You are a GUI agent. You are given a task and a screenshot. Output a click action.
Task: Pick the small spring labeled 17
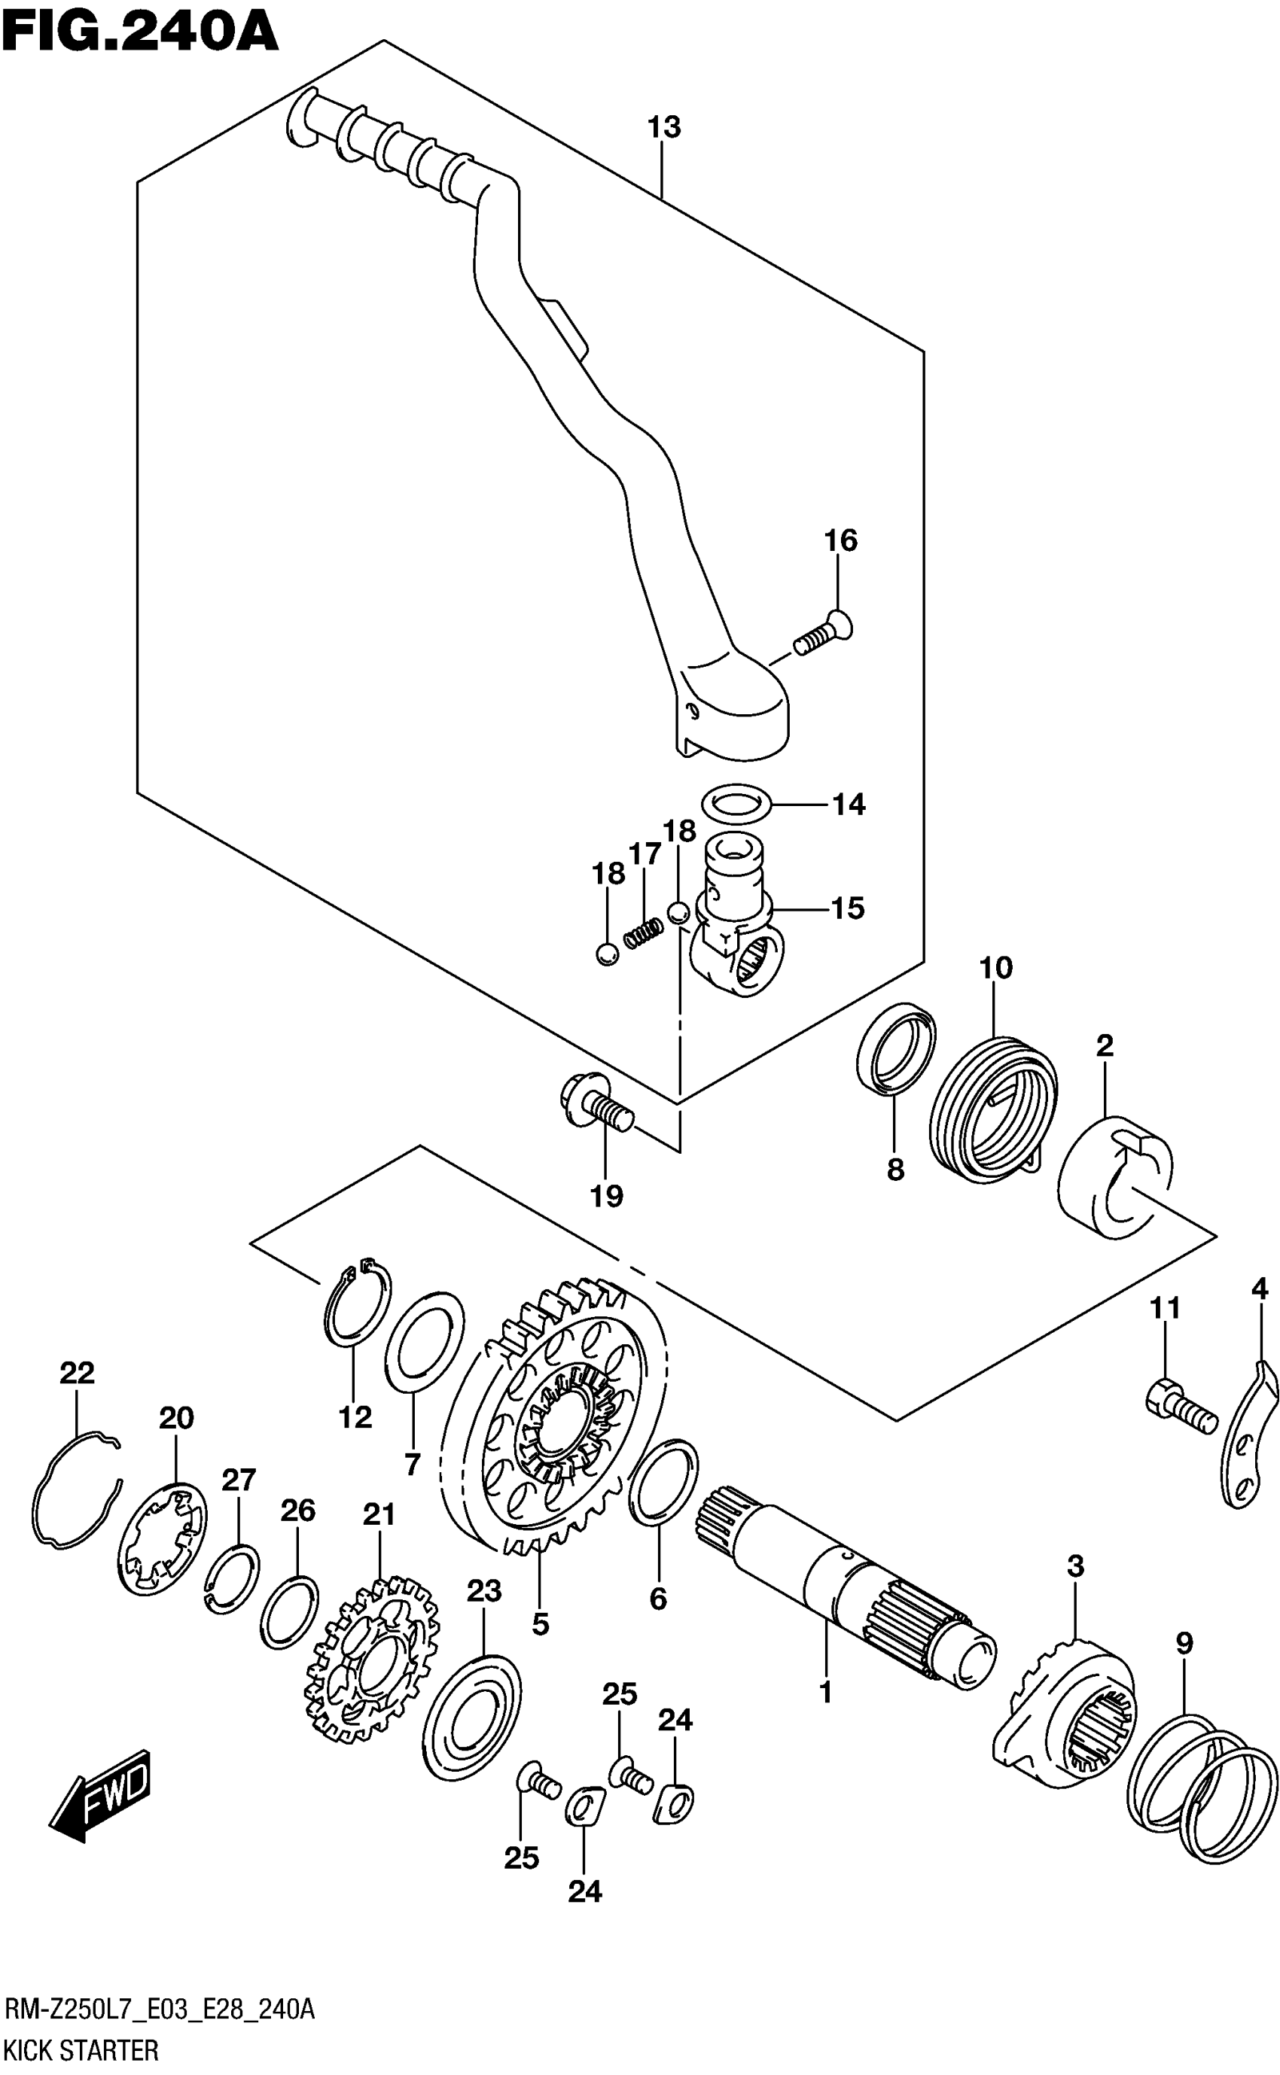pos(643,933)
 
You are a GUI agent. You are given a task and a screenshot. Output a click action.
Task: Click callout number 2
pos(1104,1046)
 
